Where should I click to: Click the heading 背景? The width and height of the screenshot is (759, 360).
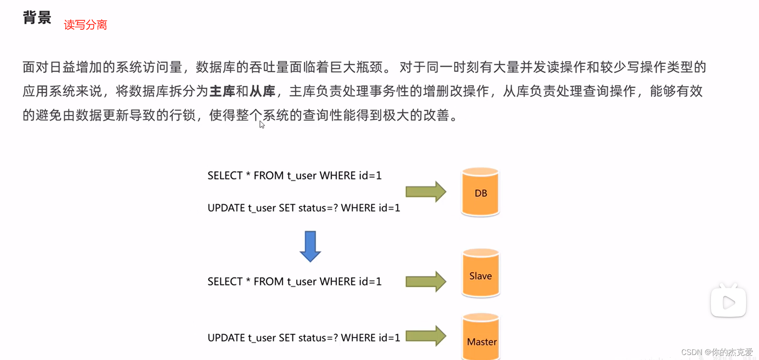click(x=37, y=18)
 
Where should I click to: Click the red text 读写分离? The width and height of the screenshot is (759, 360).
click(x=85, y=25)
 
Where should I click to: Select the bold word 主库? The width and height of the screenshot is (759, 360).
click(x=222, y=91)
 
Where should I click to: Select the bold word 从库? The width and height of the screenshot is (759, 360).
click(x=262, y=91)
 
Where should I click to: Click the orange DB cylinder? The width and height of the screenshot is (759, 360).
click(x=480, y=193)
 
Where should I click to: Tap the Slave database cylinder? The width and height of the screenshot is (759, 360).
click(x=480, y=274)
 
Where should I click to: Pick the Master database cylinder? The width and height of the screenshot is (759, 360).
click(x=481, y=337)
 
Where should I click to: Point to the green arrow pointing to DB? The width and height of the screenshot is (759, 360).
click(x=426, y=192)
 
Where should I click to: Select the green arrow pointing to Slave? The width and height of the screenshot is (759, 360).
click(x=426, y=281)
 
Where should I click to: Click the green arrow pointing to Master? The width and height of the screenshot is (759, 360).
click(x=426, y=336)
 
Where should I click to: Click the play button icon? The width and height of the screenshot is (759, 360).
click(x=728, y=302)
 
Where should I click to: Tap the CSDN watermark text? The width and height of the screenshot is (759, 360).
click(x=716, y=352)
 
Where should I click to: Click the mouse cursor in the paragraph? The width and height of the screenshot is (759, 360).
click(x=262, y=124)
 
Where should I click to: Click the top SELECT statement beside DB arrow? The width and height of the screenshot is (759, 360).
click(x=294, y=175)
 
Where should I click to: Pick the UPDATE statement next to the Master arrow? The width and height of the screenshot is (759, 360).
click(x=304, y=337)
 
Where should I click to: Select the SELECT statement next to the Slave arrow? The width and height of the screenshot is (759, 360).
click(x=294, y=281)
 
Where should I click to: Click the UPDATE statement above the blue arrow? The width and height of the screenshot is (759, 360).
click(x=304, y=208)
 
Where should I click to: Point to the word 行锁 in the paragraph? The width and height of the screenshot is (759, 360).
click(x=183, y=115)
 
